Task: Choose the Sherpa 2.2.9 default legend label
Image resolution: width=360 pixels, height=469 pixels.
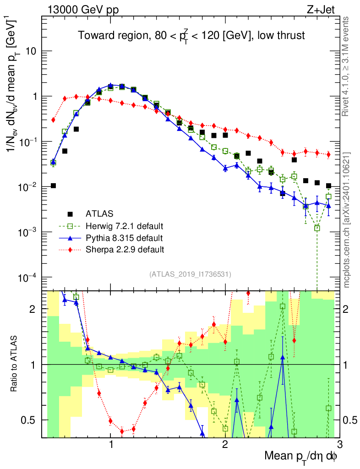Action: (125, 250)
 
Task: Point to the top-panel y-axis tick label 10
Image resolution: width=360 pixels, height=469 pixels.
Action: (31, 51)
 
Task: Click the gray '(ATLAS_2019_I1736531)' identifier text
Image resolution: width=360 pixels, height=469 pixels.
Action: (190, 274)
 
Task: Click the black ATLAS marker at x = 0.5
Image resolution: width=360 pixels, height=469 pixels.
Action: (53, 185)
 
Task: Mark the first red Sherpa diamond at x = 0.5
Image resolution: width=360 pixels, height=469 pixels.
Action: (53, 120)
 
